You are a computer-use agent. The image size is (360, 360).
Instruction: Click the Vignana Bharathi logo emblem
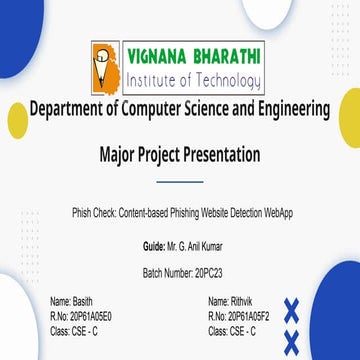tap(105, 67)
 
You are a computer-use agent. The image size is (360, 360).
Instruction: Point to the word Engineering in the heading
tap(289, 108)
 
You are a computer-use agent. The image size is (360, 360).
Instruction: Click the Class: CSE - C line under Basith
tap(74, 329)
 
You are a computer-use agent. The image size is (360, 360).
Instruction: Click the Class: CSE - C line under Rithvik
tap(231, 329)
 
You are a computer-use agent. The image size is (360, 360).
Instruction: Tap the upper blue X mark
tap(292, 310)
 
